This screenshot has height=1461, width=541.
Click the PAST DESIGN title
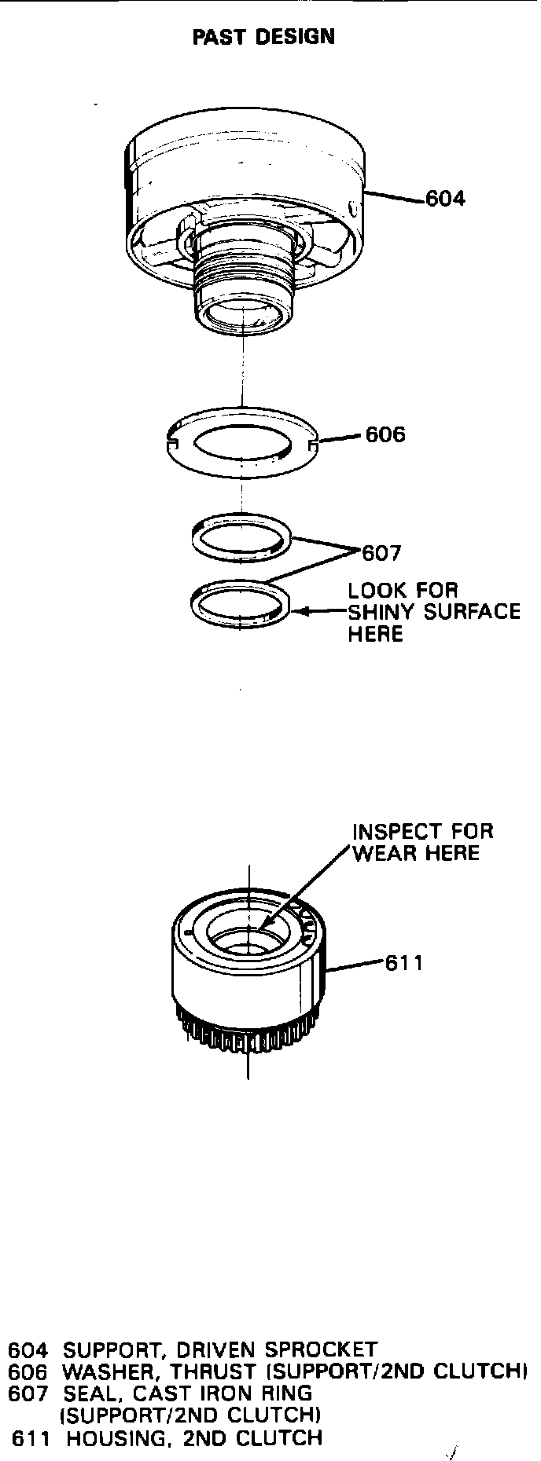[263, 37]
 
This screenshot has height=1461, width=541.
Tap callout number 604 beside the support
[445, 199]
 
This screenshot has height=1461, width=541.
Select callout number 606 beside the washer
[385, 435]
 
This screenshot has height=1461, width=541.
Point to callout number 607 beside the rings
[381, 554]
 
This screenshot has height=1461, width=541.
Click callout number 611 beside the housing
[403, 963]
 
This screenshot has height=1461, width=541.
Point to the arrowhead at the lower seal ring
[297, 611]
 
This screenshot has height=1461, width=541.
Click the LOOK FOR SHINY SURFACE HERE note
[433, 612]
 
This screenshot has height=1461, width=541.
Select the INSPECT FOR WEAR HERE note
[422, 842]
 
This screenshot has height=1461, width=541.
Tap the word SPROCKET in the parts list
[321, 1350]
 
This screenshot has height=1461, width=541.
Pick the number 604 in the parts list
[28, 1350]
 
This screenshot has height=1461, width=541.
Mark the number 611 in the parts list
[32, 1438]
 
